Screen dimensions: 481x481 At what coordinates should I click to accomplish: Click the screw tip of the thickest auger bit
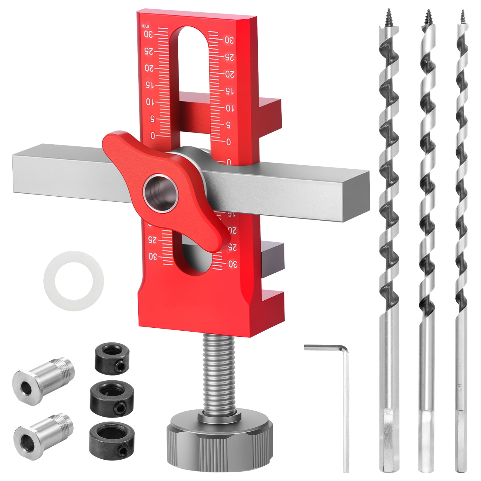click(x=386, y=18)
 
